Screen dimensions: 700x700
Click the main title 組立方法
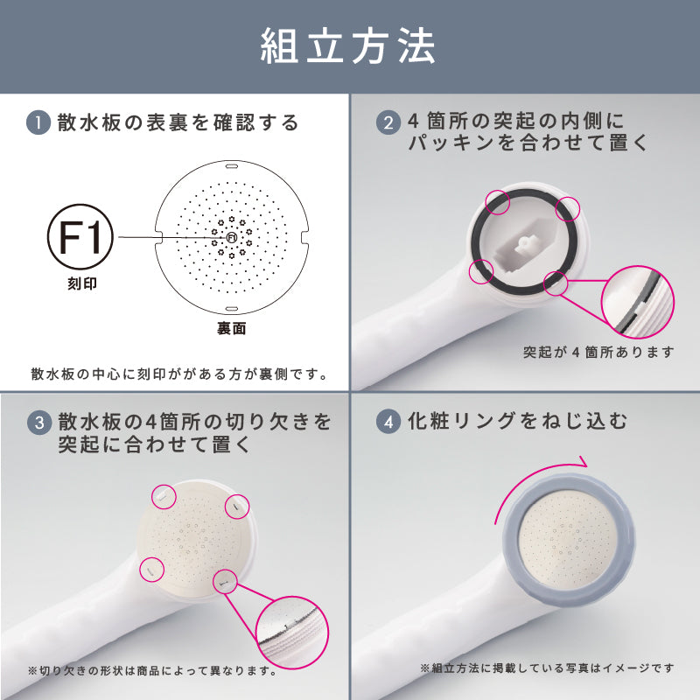click(x=348, y=47)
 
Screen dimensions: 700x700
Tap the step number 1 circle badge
click(x=38, y=122)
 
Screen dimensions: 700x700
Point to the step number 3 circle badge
click(x=38, y=423)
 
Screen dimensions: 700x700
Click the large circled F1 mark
click(x=80, y=236)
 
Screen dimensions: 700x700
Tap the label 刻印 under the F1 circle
click(x=80, y=284)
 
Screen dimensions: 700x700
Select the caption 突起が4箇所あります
click(x=599, y=353)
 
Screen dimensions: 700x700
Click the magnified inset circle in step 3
click(x=294, y=626)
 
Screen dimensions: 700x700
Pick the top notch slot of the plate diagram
click(x=232, y=163)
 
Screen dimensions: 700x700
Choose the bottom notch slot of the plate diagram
click(x=232, y=308)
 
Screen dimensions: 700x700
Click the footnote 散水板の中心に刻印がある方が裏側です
click(x=178, y=374)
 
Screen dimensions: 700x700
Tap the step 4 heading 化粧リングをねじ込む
click(x=518, y=421)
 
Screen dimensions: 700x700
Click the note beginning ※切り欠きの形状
click(x=153, y=671)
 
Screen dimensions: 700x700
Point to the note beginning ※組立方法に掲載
click(x=547, y=668)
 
